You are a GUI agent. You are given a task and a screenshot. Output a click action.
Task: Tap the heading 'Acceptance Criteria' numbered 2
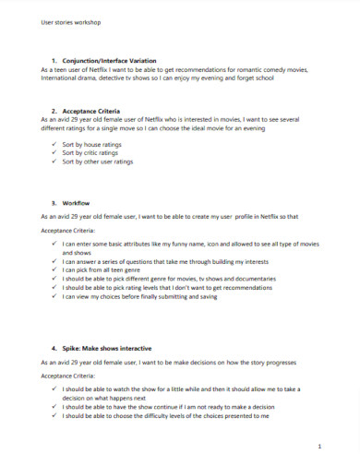tap(96, 109)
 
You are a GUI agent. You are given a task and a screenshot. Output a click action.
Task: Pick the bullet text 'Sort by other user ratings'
tap(103, 161)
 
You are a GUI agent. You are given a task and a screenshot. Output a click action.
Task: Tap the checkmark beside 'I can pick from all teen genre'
tap(54, 269)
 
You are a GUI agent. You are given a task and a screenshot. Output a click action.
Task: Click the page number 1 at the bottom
tap(317, 446)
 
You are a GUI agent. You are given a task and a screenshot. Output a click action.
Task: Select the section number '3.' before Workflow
tap(54, 200)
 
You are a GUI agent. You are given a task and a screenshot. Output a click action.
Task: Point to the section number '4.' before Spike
tap(54, 348)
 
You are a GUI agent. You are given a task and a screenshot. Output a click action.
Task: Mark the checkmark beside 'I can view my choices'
tap(54, 297)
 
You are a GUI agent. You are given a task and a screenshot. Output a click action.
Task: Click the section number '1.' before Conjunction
tap(54, 59)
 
